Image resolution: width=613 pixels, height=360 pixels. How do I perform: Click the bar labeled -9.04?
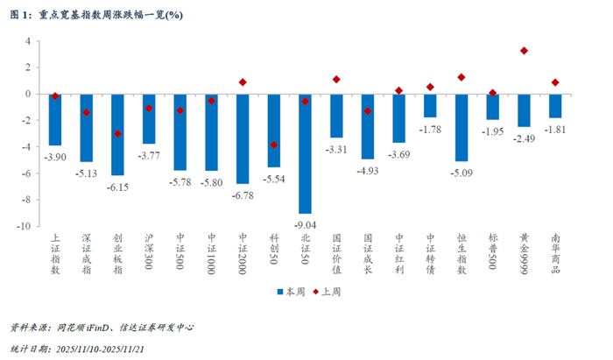pos(305,153)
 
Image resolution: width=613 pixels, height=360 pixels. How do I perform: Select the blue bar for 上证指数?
pos(55,119)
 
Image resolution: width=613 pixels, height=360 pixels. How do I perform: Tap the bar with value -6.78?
pos(243,138)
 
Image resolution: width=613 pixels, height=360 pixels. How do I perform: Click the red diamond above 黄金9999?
pos(524,51)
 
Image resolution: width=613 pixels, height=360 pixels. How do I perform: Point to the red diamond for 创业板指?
pos(117,134)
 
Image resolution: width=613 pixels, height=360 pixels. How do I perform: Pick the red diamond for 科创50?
pos(274,145)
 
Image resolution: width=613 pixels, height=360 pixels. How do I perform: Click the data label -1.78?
pos(430,130)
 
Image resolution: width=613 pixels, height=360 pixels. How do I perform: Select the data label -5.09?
pos(462,173)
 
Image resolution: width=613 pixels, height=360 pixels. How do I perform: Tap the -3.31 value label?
pos(336,150)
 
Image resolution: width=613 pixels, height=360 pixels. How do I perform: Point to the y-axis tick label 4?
pos(27,41)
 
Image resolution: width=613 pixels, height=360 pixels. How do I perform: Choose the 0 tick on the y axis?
pos(27,94)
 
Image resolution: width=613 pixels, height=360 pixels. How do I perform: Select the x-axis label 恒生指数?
pos(462,255)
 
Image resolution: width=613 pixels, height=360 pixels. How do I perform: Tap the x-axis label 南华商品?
pos(555,255)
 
